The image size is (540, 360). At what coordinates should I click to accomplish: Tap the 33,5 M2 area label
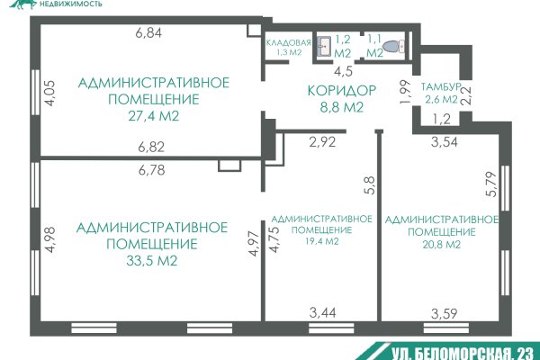click(139, 262)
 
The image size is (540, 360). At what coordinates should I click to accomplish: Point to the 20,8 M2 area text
click(441, 244)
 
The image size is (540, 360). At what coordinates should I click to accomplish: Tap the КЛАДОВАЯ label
click(289, 42)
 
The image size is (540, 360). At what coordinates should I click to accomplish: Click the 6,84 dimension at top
click(148, 33)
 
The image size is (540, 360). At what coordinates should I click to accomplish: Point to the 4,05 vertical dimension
click(50, 93)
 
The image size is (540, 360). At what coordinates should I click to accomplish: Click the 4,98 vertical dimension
click(50, 244)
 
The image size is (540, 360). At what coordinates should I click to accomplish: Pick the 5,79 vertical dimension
click(490, 184)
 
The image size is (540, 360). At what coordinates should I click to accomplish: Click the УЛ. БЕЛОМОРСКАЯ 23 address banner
click(459, 352)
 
